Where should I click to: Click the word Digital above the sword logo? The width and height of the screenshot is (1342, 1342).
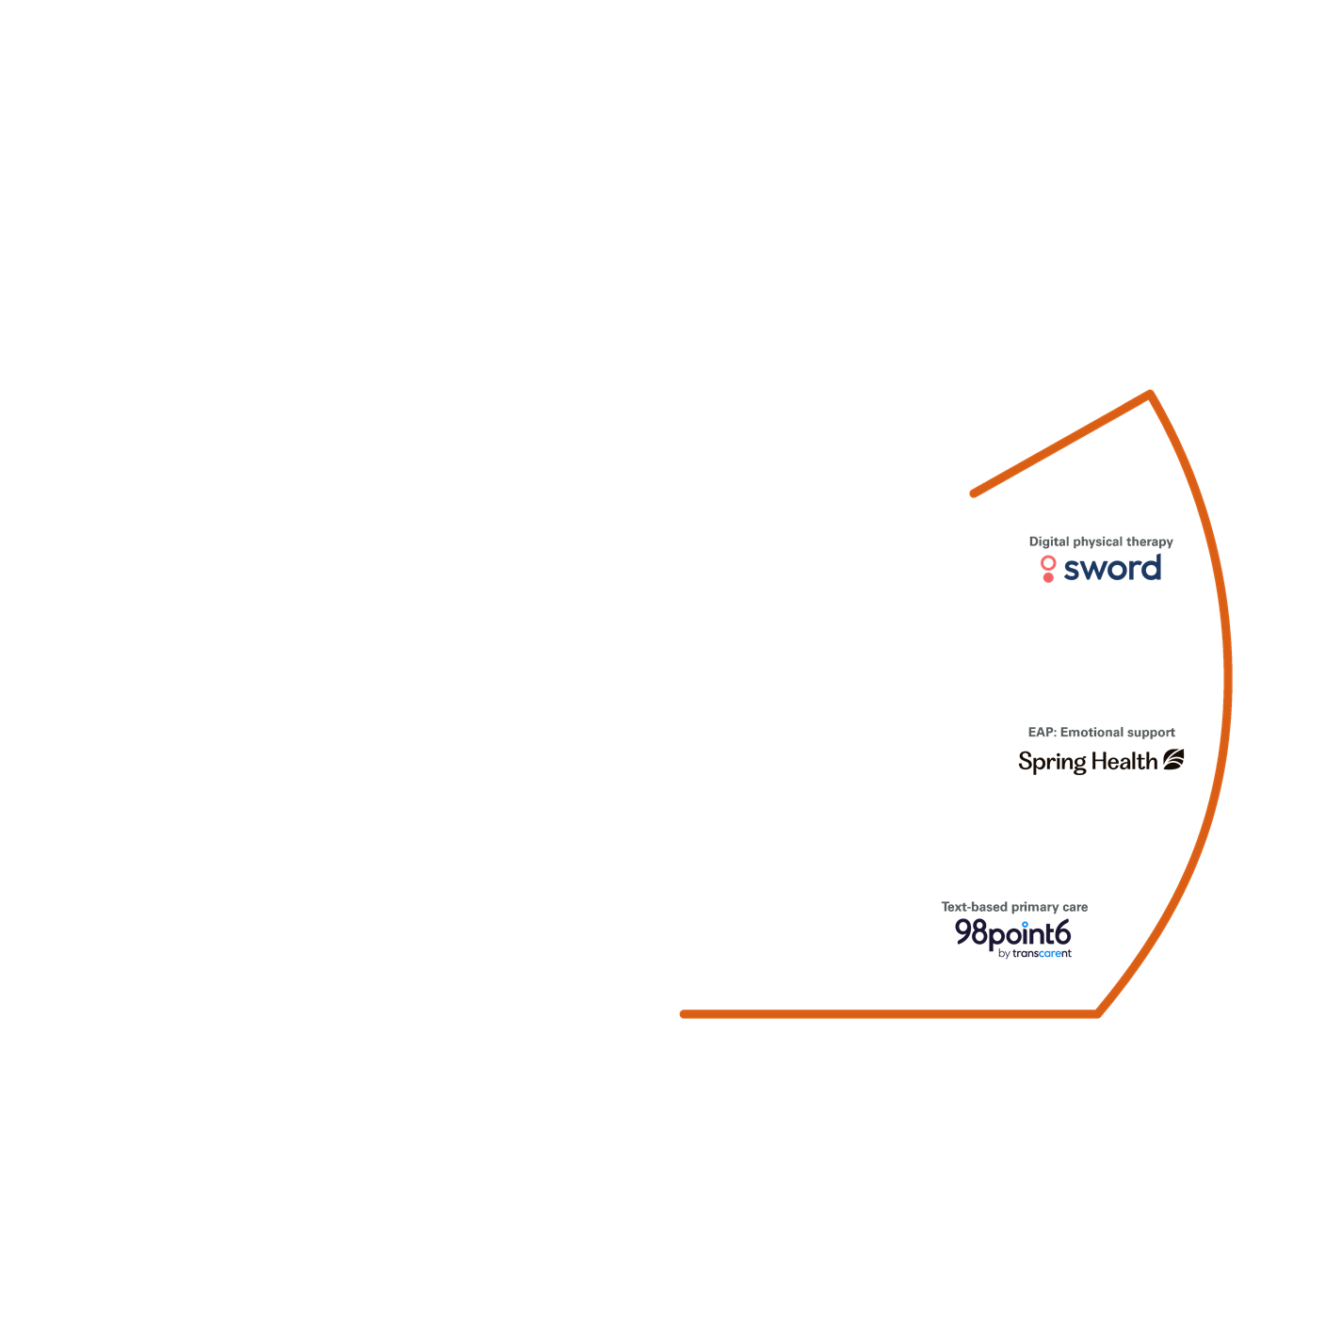coord(1048,542)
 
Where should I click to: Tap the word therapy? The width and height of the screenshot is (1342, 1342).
coord(1150,542)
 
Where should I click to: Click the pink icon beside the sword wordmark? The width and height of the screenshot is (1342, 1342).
coord(1048,569)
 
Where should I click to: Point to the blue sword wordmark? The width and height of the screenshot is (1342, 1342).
coord(1112,569)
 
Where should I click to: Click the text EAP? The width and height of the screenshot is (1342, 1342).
coord(1042,732)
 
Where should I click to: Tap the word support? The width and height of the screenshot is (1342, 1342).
coord(1150,732)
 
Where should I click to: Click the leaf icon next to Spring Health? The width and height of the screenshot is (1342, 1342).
coord(1173,759)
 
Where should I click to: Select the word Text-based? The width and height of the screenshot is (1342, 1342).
coord(974,907)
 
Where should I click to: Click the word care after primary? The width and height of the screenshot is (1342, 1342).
coord(1075,907)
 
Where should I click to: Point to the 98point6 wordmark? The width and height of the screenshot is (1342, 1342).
coord(1012,933)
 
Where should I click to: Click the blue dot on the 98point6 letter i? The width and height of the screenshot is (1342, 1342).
coord(1025,924)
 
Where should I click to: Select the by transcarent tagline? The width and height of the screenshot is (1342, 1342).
coord(1034,954)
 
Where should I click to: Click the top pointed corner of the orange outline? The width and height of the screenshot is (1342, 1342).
coord(1150,394)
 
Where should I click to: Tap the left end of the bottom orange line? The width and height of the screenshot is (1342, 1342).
coord(684,1014)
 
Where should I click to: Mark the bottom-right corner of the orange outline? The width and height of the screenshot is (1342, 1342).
coord(1098,1013)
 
